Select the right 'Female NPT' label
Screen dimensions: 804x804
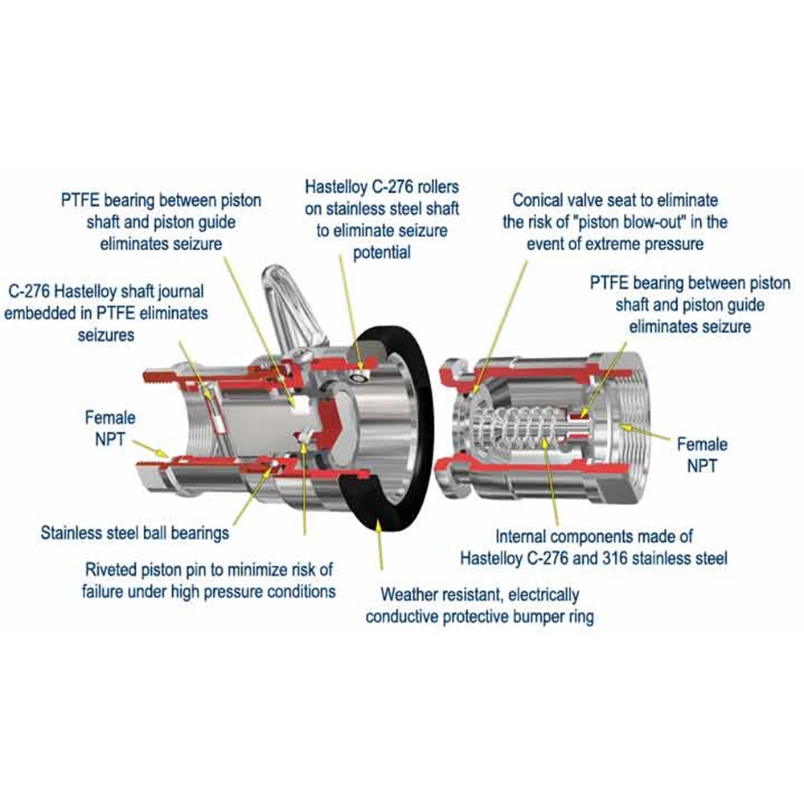[702, 454]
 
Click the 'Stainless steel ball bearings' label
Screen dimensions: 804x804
[135, 532]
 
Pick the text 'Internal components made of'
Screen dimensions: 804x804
[593, 535]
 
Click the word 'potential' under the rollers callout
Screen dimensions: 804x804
[382, 252]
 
